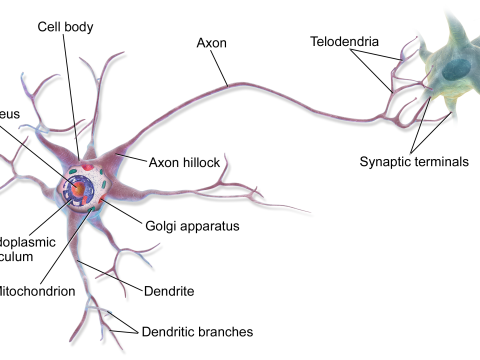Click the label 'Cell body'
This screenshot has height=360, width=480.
point(67,26)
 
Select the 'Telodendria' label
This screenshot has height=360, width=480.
point(343,43)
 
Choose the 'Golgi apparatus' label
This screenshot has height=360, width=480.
point(191,226)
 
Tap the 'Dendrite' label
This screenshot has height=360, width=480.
point(168,291)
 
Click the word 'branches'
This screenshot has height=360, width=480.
point(226,331)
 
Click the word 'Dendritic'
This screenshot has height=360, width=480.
point(170,331)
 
